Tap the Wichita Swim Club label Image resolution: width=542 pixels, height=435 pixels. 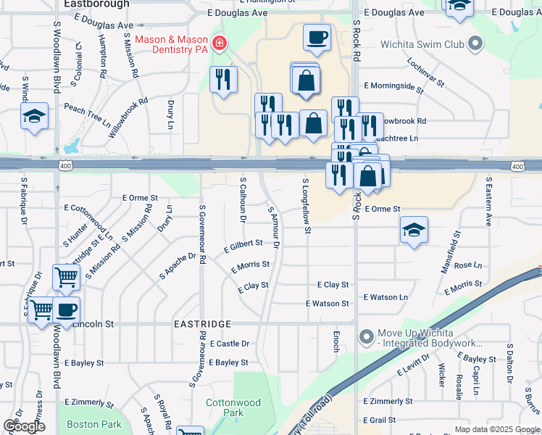[x=423, y=45]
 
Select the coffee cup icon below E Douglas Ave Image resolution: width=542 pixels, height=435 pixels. [x=317, y=37]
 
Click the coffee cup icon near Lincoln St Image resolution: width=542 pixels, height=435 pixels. [x=66, y=310]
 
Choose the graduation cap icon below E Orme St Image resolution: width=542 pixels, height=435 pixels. [x=414, y=231]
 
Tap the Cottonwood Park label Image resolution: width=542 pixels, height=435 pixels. [x=233, y=407]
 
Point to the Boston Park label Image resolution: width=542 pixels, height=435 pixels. [x=94, y=424]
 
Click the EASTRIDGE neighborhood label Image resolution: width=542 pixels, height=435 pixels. [x=201, y=324]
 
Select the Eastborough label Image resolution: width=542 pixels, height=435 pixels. [x=96, y=4]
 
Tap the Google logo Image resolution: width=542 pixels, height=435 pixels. [x=24, y=426]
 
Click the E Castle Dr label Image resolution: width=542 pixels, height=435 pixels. [x=229, y=343]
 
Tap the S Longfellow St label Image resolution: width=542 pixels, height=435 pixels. [x=307, y=207]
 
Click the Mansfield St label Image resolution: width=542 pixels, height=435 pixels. [x=451, y=252]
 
